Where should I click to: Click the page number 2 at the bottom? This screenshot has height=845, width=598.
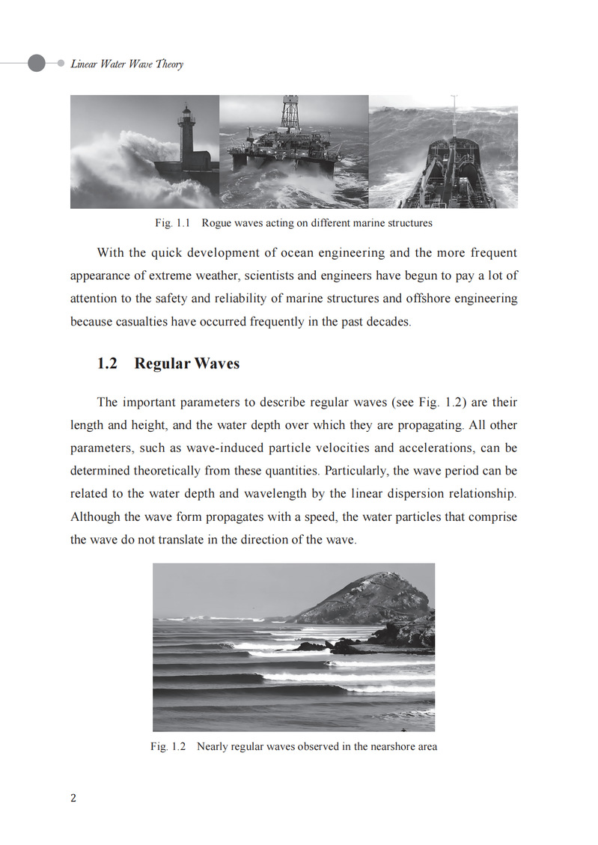pos(73,798)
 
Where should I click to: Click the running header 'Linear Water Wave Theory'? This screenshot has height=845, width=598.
pos(126,64)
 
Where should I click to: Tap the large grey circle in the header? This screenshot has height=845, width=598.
pos(37,64)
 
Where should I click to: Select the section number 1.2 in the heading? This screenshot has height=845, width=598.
pos(108,364)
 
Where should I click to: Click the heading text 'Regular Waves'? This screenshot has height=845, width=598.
pos(187,364)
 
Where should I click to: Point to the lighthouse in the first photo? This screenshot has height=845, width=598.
pos(186,142)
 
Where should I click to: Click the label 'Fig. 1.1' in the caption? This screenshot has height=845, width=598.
pos(173,223)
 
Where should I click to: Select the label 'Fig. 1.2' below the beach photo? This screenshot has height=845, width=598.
pos(168,746)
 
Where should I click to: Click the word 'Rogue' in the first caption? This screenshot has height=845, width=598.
pos(216,223)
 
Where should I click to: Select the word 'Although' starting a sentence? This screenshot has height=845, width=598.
pos(94,517)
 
